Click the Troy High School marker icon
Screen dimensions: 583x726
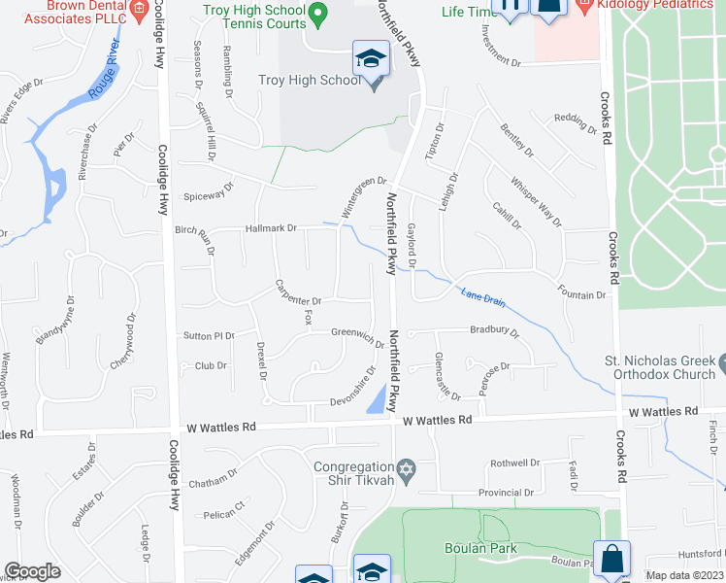[x=371, y=60]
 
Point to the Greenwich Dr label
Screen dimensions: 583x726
[x=358, y=335]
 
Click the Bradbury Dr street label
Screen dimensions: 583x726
[x=495, y=331]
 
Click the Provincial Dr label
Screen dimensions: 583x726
[x=506, y=493]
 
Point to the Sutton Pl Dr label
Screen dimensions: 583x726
[x=209, y=335]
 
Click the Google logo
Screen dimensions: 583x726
[x=32, y=571]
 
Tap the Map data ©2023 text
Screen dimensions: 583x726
[x=683, y=575]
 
